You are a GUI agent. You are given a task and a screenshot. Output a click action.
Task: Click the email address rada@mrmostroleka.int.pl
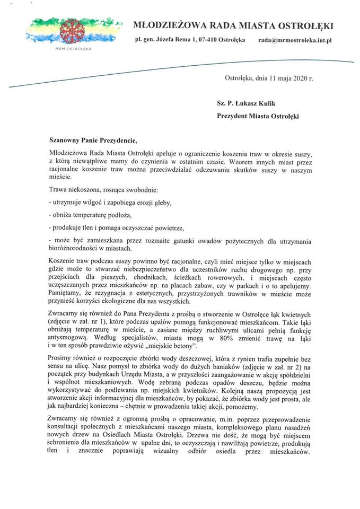click(x=295, y=40)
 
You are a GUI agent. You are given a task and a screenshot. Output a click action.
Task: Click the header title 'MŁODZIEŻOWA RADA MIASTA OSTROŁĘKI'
click(x=233, y=25)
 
